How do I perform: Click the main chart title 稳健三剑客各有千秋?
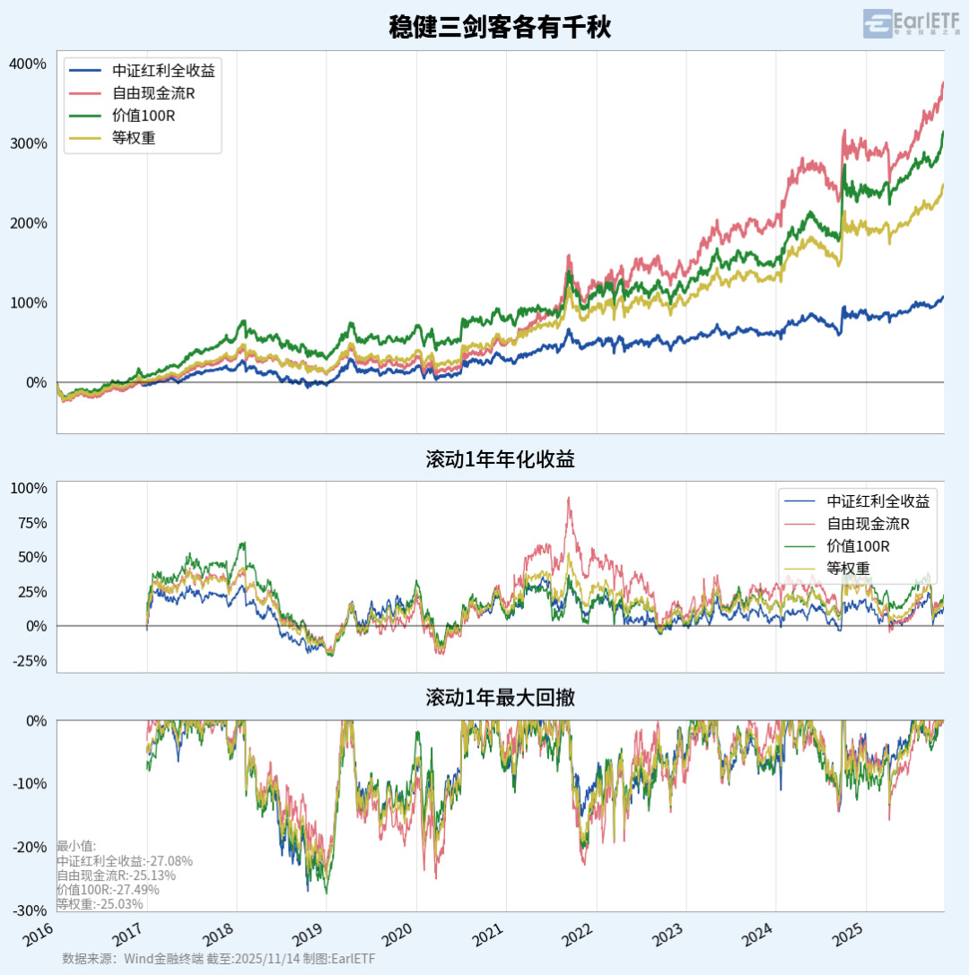[x=500, y=27]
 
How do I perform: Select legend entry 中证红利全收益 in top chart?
[x=163, y=71]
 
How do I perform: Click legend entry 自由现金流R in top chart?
[x=153, y=93]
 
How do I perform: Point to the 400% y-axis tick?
[x=28, y=64]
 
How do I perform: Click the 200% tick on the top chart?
[x=28, y=223]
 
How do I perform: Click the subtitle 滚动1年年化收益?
[x=500, y=460]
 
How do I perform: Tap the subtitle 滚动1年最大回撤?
[x=500, y=698]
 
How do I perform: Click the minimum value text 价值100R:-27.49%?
[x=108, y=890]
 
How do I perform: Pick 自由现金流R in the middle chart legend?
[x=868, y=524]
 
